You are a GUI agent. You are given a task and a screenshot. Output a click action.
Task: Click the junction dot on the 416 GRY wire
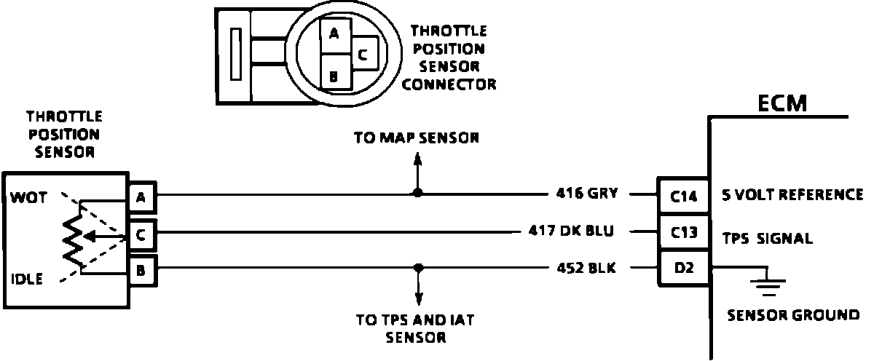pos(417,194)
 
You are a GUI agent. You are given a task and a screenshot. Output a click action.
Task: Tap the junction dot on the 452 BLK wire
pos(418,268)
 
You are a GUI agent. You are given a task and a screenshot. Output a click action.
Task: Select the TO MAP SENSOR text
pos(417,138)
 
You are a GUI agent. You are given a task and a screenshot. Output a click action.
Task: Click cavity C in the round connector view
pos(363,53)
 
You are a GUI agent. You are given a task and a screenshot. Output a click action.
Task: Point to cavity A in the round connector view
pos(334,33)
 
